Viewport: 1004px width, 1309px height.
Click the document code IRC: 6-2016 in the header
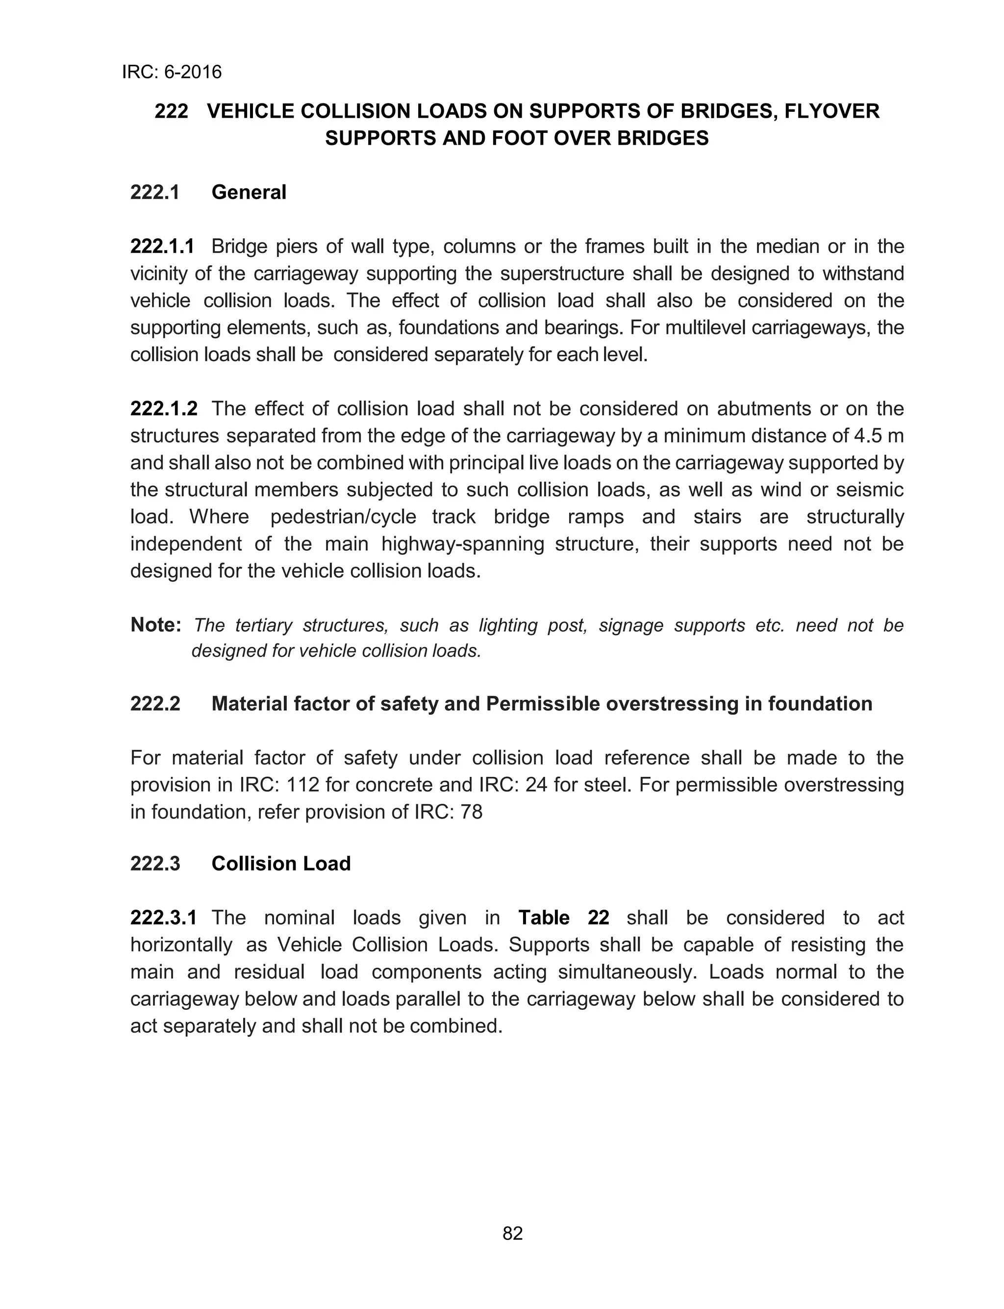click(172, 72)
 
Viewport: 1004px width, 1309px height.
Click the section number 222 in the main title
click(171, 111)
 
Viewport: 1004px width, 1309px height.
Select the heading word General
click(249, 192)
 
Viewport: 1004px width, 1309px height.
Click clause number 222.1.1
click(162, 246)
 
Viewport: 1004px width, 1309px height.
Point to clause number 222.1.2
click(163, 409)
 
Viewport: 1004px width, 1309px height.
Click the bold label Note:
click(155, 625)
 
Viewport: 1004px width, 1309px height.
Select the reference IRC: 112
click(281, 785)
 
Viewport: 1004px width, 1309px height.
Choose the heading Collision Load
click(281, 864)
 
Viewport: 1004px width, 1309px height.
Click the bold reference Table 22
click(564, 918)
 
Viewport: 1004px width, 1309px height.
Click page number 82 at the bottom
click(513, 1233)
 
